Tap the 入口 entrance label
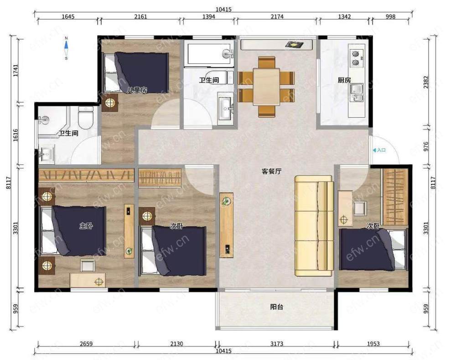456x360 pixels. point(379,150)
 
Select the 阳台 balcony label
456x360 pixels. point(277,307)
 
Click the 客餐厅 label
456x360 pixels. point(271,171)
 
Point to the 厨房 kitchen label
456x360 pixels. point(344,80)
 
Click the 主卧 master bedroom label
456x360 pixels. point(86,225)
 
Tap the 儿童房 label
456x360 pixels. point(137,90)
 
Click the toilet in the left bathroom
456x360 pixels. point(86,118)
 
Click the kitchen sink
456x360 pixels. point(356,93)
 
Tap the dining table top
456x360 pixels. point(266,86)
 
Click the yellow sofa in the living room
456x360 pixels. point(314,225)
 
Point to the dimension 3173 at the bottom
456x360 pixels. point(277,344)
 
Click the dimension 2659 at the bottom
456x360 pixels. point(86,344)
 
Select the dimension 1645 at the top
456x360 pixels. point(68,16)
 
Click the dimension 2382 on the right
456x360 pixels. point(426,83)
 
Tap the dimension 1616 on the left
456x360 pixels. point(16,135)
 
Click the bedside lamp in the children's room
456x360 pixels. point(110,103)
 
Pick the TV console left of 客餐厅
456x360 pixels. point(226,225)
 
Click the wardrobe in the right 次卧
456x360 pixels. point(395,197)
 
